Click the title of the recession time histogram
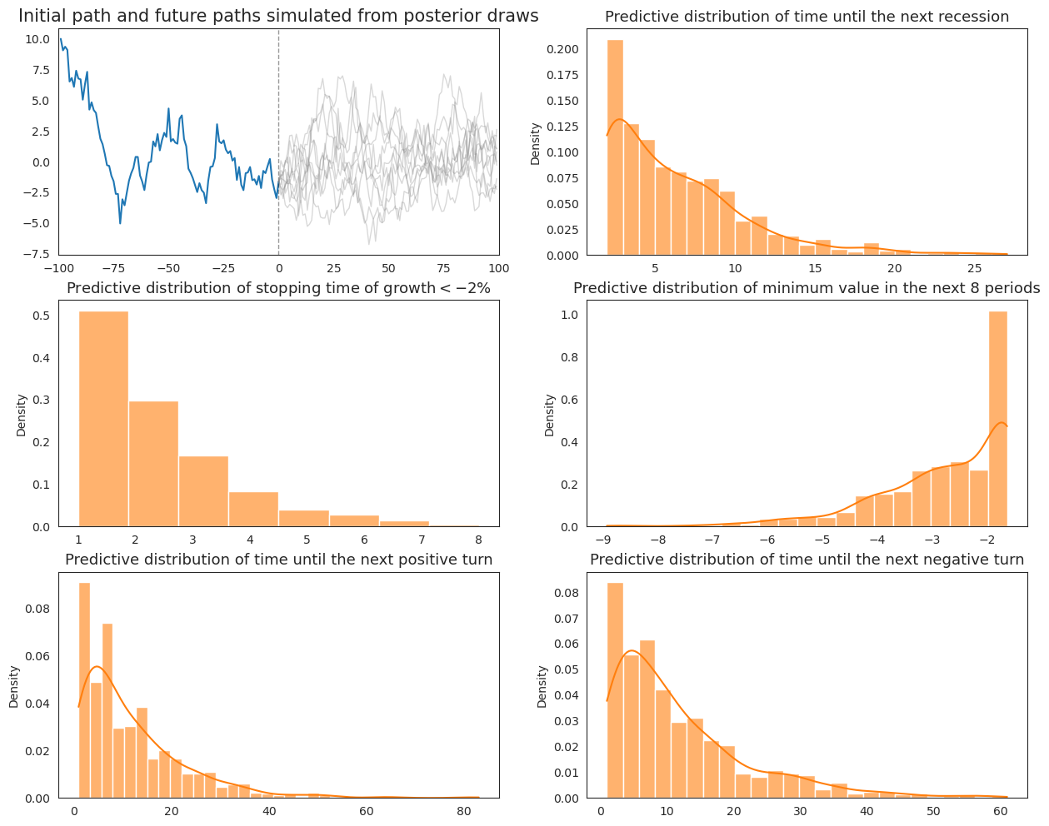(x=807, y=17)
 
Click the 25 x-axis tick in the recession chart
(x=974, y=269)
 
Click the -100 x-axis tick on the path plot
(x=57, y=269)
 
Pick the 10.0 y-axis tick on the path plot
(x=37, y=39)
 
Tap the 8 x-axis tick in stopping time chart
(x=477, y=540)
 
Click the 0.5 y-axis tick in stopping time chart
(x=42, y=316)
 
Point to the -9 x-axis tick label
(x=606, y=540)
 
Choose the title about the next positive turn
(x=278, y=560)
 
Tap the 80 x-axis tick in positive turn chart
(x=462, y=812)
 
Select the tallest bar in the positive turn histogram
(x=84, y=691)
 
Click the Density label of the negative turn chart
(x=542, y=686)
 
